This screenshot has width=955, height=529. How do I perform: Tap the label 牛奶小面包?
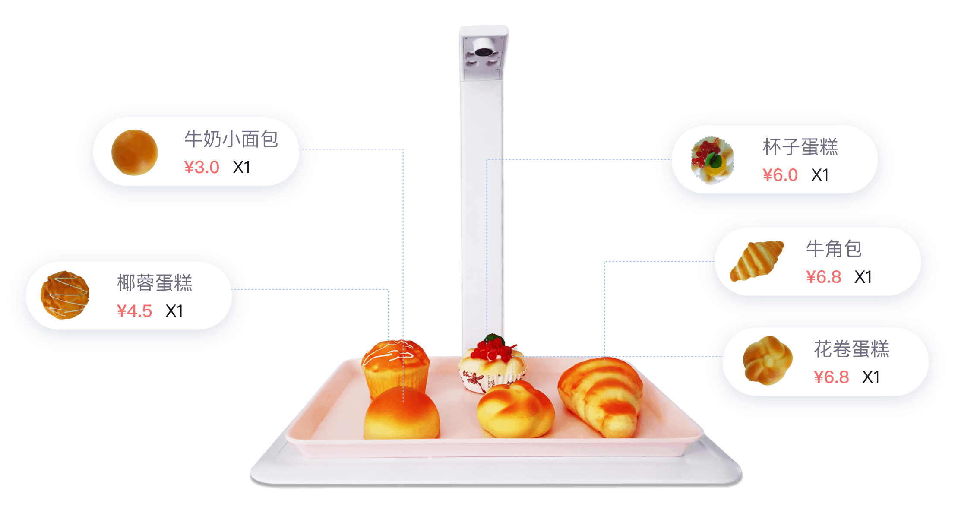click(x=231, y=139)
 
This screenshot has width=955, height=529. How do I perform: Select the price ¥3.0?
click(x=202, y=167)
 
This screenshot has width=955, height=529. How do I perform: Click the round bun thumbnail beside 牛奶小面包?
click(x=134, y=152)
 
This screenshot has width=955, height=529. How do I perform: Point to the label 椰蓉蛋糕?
click(x=155, y=283)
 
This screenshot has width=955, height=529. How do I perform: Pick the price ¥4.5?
click(x=134, y=311)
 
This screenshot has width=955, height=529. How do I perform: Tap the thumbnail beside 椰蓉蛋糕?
click(x=65, y=295)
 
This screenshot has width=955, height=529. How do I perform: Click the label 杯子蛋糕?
click(x=800, y=147)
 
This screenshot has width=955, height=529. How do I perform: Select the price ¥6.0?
click(x=780, y=175)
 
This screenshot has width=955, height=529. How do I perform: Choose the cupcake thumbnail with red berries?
click(x=712, y=160)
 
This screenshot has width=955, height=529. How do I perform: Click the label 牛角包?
click(x=834, y=249)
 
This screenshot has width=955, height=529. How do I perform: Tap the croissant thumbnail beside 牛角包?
click(x=756, y=261)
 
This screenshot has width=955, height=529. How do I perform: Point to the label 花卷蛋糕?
click(x=851, y=349)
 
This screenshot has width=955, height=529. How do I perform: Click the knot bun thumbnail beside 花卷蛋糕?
click(x=768, y=361)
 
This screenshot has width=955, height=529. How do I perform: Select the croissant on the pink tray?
click(x=601, y=396)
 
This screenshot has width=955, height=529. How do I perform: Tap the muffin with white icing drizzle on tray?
click(x=395, y=368)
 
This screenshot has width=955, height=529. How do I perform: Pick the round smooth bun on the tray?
click(x=402, y=414)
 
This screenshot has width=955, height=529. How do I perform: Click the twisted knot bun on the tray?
click(x=515, y=409)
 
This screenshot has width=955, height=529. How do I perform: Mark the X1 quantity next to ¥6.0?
click(x=820, y=175)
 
